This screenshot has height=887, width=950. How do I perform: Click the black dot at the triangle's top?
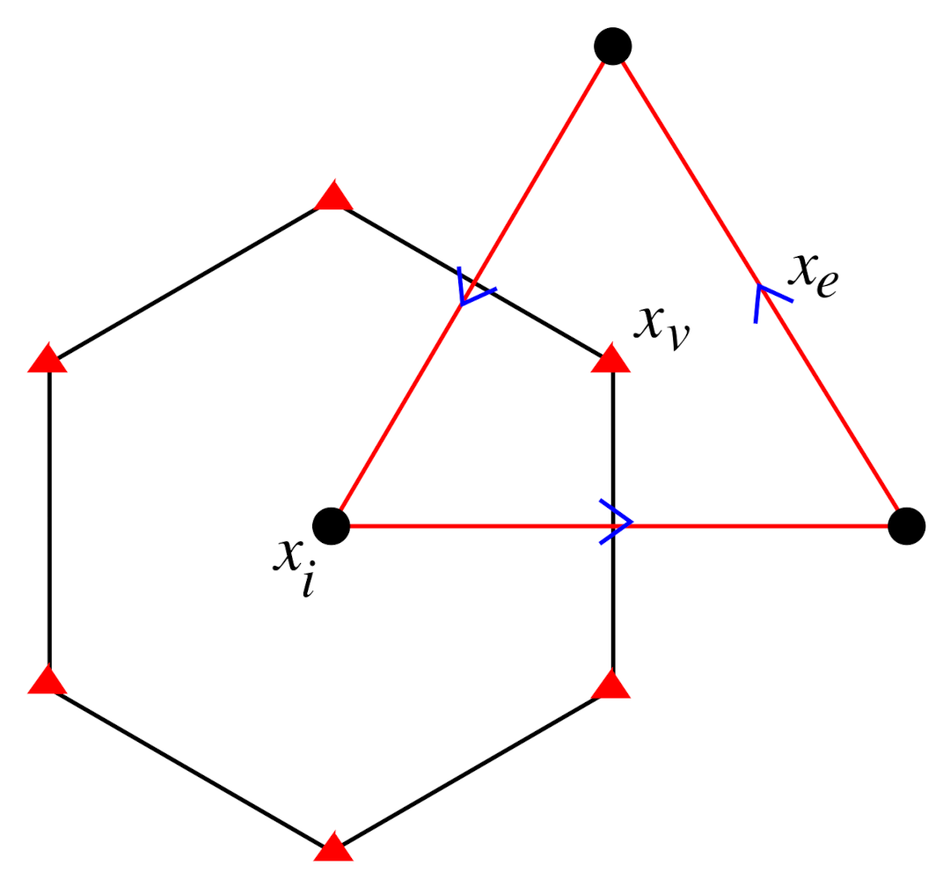tap(612, 46)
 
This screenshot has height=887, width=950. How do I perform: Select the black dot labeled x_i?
tap(332, 526)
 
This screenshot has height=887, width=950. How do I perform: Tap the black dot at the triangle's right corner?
tap(906, 526)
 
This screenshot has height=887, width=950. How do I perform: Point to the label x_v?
tap(661, 327)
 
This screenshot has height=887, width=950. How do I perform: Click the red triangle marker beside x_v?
tap(612, 360)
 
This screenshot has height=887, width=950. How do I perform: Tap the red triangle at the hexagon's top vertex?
tap(333, 197)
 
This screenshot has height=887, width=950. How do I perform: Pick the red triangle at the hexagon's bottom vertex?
tap(333, 847)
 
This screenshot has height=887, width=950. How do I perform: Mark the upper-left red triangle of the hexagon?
tap(47, 359)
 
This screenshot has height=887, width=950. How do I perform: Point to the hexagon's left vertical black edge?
tap(49, 519)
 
